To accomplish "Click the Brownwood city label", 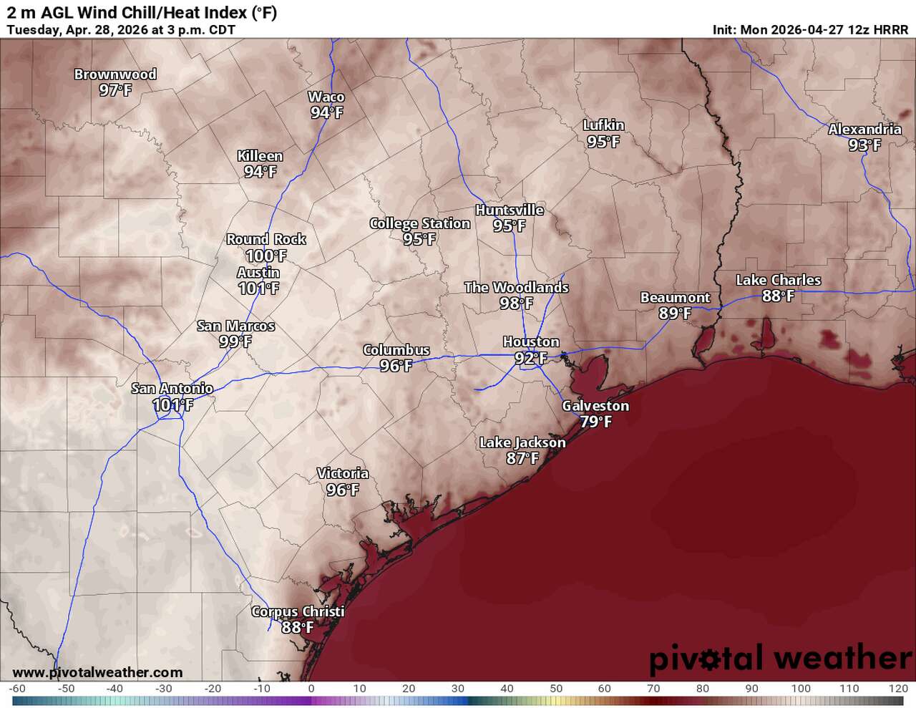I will tap(115, 74).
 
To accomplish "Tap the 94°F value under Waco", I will tap(326, 112).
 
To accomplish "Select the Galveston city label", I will tap(595, 406).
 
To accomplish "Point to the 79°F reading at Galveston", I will tap(595, 422).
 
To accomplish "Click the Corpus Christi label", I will tap(298, 612).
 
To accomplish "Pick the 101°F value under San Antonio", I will tap(172, 405).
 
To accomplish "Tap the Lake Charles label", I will tap(778, 280).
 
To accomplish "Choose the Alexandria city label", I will tap(864, 130).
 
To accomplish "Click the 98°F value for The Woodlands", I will tap(516, 304).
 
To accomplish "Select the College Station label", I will tap(419, 223).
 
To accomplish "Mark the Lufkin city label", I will tap(603, 125).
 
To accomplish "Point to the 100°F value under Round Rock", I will tap(265, 256).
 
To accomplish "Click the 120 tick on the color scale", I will tap(897, 689).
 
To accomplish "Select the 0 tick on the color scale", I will tap(311, 689).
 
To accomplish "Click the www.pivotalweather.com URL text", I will tap(97, 672).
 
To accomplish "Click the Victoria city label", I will tap(343, 474).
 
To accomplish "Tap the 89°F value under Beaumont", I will tap(675, 314).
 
